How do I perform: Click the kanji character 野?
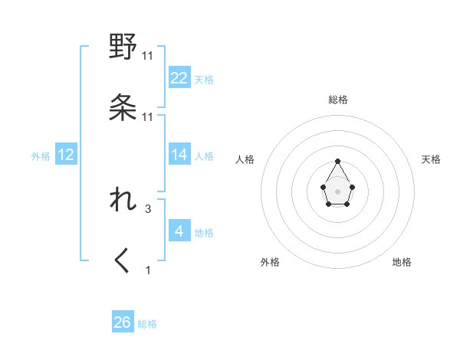(123, 47)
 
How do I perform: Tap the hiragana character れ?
(123, 201)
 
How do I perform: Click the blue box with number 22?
(179, 78)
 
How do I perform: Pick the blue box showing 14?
(179, 155)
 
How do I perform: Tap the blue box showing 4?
(179, 231)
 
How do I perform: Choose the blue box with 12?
(66, 155)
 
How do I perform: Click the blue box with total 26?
(122, 322)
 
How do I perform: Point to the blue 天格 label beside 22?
(204, 79)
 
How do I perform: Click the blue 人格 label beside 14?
(204, 155)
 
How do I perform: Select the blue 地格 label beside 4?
(204, 232)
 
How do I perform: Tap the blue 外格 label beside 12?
(41, 155)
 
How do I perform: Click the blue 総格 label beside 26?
(147, 323)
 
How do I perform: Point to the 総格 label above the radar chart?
(338, 100)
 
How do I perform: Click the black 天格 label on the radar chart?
(431, 159)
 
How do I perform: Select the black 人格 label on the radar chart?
(245, 159)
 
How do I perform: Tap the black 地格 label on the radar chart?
(402, 262)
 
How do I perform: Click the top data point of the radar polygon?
(338, 161)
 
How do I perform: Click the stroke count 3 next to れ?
(148, 208)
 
